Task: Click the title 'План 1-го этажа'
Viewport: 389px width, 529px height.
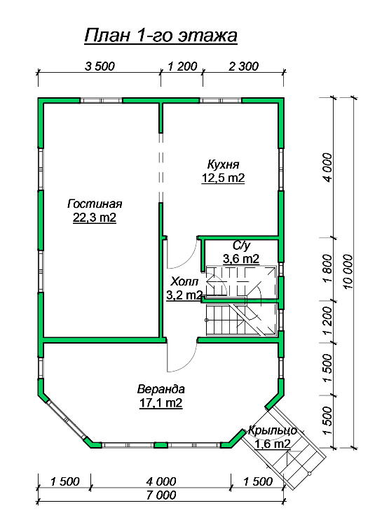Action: (161, 36)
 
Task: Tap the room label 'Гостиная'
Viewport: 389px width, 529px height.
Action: (95, 204)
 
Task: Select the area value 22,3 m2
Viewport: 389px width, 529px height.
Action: (95, 218)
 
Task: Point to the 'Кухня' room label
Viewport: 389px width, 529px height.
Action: (223, 164)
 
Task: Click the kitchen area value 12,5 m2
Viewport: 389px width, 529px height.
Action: (223, 178)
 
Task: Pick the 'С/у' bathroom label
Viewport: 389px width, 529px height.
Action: (241, 246)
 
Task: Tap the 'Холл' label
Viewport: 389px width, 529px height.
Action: (184, 281)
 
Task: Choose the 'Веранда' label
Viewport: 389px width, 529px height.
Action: (161, 389)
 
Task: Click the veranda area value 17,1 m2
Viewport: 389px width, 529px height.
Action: (161, 402)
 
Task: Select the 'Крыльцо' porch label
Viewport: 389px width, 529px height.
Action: (273, 430)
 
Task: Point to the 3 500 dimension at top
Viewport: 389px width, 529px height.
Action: (100, 66)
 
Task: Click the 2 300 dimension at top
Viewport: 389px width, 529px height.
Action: (243, 66)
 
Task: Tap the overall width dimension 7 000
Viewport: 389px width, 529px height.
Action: (161, 495)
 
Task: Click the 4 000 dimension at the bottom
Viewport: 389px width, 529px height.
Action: (161, 481)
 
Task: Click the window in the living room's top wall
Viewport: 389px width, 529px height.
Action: (102, 100)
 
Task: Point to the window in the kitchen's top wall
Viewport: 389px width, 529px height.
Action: (221, 100)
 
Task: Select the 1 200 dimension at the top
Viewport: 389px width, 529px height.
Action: (182, 66)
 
